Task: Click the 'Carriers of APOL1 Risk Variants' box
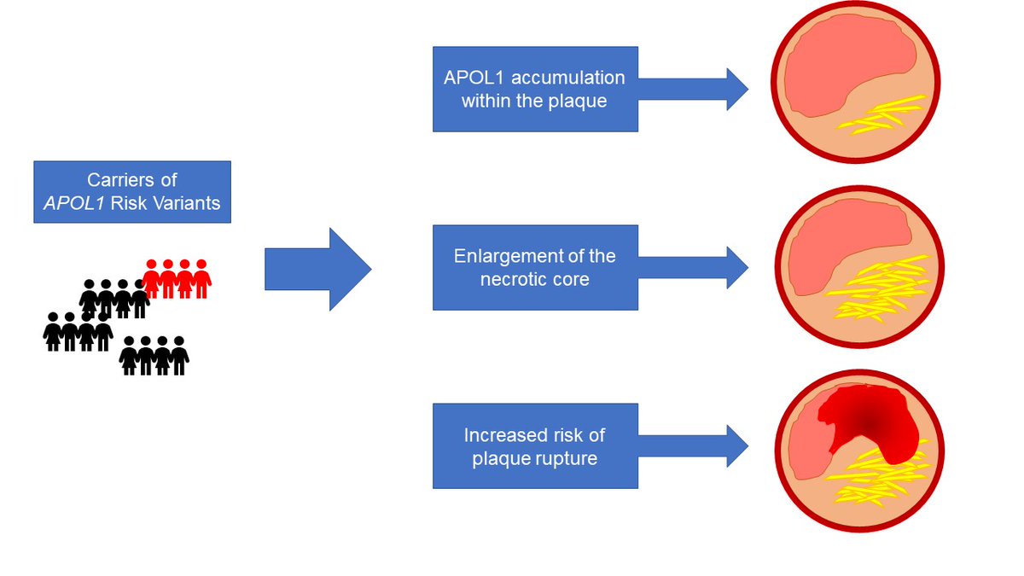tap(132, 192)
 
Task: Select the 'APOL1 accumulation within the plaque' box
tap(535, 89)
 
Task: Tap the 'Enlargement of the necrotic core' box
tap(535, 267)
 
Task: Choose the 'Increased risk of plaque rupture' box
tap(535, 445)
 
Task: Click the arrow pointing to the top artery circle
tap(693, 89)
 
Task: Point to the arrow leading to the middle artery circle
tap(693, 267)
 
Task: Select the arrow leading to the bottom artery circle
tap(693, 445)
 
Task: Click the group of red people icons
tap(177, 279)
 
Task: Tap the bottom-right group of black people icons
tap(154, 355)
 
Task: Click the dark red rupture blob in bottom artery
tap(870, 422)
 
